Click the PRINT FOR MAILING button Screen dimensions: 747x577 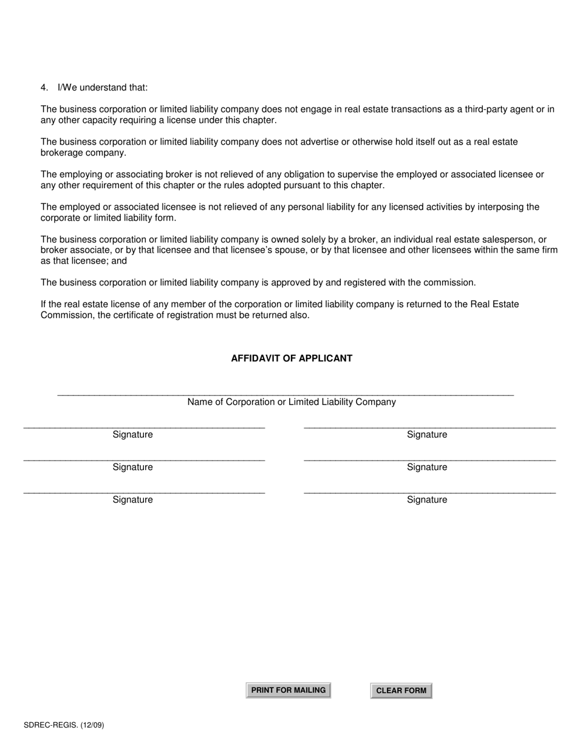[x=288, y=690]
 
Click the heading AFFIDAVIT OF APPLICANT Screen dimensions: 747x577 [x=292, y=358]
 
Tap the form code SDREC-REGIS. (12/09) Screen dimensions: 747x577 [x=60, y=725]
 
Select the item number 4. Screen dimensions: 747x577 [x=44, y=87]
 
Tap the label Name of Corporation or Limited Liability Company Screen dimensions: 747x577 [x=292, y=402]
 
